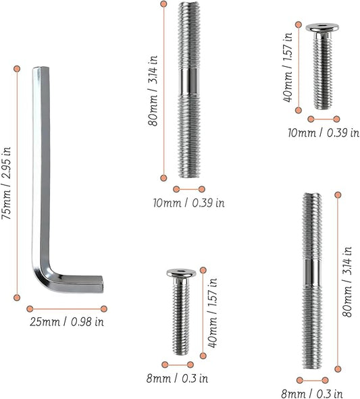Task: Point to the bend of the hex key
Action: [42, 278]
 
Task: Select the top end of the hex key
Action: [41, 70]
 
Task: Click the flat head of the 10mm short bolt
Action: [322, 28]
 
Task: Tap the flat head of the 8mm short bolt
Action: [180, 273]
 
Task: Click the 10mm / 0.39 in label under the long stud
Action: [188, 203]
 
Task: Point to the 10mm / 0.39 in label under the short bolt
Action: [323, 132]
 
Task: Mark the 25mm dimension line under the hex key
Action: [66, 308]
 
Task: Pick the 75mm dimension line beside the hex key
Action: [17, 182]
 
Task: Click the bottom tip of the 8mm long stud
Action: [311, 367]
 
